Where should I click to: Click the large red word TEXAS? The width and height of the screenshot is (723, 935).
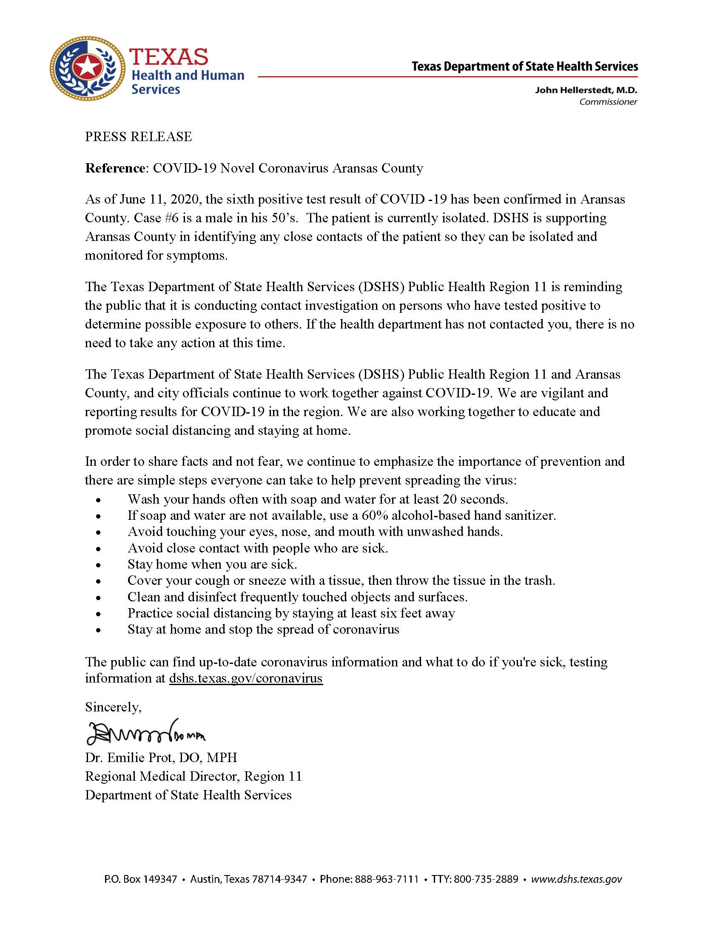(169, 56)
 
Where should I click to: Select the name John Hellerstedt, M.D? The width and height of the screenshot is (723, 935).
(586, 91)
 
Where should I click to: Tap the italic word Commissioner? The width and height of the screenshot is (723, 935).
(608, 102)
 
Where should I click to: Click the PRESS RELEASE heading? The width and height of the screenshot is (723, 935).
(138, 136)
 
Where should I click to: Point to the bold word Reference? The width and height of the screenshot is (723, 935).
(115, 168)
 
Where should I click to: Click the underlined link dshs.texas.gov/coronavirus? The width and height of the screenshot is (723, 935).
(246, 678)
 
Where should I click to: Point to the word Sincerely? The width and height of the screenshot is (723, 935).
(113, 707)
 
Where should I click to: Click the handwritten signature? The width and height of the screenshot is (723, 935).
(145, 733)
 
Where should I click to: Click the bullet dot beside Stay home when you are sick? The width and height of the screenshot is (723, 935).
(99, 565)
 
